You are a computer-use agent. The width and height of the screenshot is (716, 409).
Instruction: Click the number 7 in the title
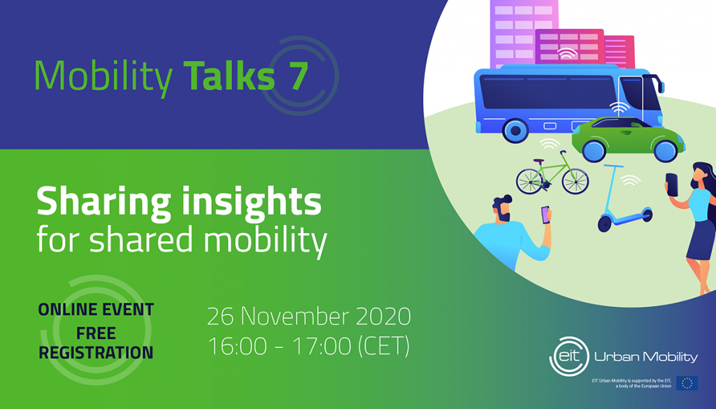[294, 76]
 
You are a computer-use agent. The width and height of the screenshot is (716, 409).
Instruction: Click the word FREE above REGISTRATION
[96, 331]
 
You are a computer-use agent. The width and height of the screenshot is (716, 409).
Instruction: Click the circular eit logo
[567, 356]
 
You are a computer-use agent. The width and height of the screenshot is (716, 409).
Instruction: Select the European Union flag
[687, 382]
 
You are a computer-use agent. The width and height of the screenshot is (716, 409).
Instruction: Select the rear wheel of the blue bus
[516, 130]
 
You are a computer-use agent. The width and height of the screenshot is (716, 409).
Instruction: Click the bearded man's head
[504, 210]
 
